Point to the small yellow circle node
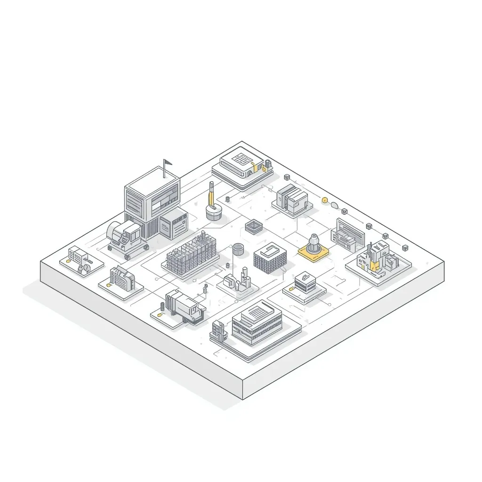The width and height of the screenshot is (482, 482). pyautogui.click(x=324, y=200)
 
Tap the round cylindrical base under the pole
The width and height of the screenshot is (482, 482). pyautogui.click(x=214, y=212)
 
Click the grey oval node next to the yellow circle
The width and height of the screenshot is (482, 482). pyautogui.click(x=335, y=205)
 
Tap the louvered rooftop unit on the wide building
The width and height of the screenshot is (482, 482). pyautogui.click(x=257, y=311)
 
